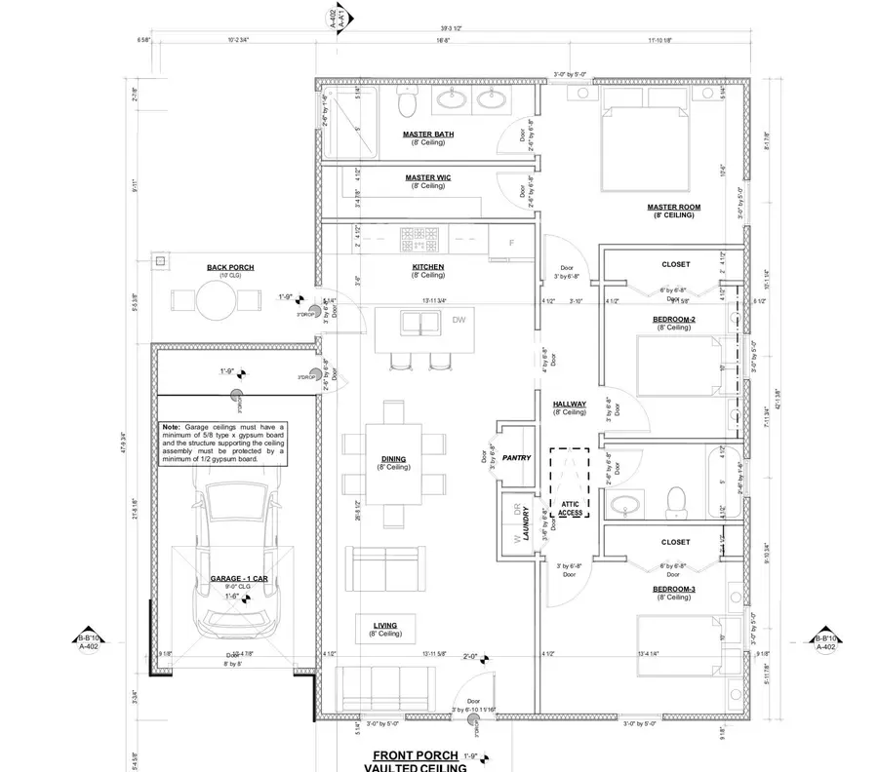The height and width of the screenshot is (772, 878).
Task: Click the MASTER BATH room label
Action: [x=428, y=134]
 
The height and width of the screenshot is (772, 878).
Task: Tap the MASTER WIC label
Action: [x=428, y=177]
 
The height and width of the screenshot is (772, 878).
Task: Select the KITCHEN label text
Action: [x=428, y=266]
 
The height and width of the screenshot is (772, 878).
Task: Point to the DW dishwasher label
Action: [x=459, y=320]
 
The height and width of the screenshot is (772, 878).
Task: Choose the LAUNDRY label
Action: [x=524, y=523]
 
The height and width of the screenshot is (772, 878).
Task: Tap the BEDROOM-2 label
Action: [x=673, y=319]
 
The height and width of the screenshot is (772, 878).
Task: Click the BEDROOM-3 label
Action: [x=673, y=590]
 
